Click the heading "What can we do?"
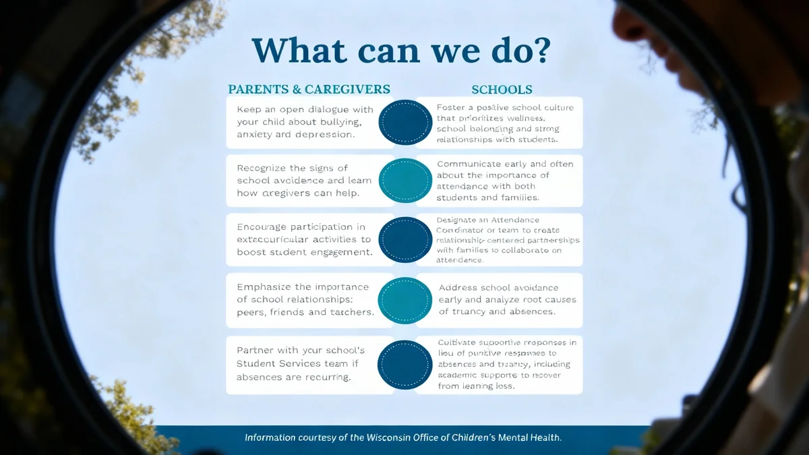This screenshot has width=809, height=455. [x=402, y=50]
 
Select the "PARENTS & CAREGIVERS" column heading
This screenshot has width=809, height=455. [x=309, y=89]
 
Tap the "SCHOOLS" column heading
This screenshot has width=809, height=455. [x=502, y=89]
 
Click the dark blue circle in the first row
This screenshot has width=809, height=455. [x=405, y=122]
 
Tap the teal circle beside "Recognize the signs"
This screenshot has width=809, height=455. [x=405, y=181]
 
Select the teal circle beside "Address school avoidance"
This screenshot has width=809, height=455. [x=405, y=300]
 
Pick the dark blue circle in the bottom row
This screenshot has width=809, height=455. [x=405, y=364]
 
